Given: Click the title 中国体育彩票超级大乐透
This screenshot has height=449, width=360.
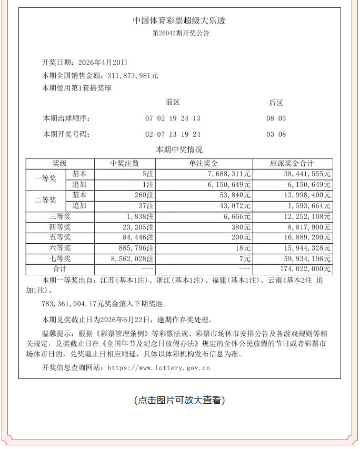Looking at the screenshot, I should (179, 21).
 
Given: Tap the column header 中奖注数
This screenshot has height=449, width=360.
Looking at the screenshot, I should (125, 164).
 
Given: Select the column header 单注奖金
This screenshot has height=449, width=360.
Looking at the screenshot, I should (204, 164).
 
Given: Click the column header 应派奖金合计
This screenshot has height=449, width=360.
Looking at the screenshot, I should (292, 164).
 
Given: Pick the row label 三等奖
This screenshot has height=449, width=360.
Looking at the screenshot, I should (59, 216).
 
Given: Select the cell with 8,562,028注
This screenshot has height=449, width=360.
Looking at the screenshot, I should (131, 258).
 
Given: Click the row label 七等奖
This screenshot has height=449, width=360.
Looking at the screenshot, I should (59, 258).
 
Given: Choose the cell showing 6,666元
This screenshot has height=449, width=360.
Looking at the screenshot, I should (237, 216).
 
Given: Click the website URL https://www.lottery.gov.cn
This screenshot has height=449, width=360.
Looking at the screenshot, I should (158, 367).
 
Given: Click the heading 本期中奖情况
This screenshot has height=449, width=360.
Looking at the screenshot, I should (179, 149).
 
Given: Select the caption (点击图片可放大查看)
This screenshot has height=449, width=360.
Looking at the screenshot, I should (179, 400).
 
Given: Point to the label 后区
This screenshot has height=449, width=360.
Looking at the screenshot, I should (276, 103).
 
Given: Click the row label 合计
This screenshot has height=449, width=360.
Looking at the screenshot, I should (59, 269).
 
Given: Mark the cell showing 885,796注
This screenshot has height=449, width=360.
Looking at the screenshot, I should (135, 248).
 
